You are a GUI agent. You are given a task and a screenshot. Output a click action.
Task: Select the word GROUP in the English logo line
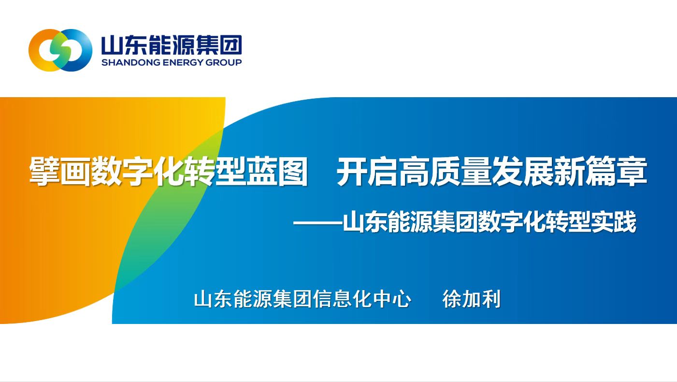click(x=224, y=62)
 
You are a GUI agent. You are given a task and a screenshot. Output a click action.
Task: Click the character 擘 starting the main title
click(x=45, y=171)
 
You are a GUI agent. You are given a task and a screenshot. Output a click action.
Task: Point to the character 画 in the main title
click(x=75, y=171)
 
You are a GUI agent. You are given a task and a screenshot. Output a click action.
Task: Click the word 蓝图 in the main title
click(x=277, y=171)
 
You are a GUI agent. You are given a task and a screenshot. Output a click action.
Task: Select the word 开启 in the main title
click(x=367, y=171)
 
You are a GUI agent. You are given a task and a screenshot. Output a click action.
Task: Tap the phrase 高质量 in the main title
click(x=445, y=171)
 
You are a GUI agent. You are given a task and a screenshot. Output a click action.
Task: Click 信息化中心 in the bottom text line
click(x=362, y=299)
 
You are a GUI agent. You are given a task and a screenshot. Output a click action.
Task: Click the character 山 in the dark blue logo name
click(x=112, y=45)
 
